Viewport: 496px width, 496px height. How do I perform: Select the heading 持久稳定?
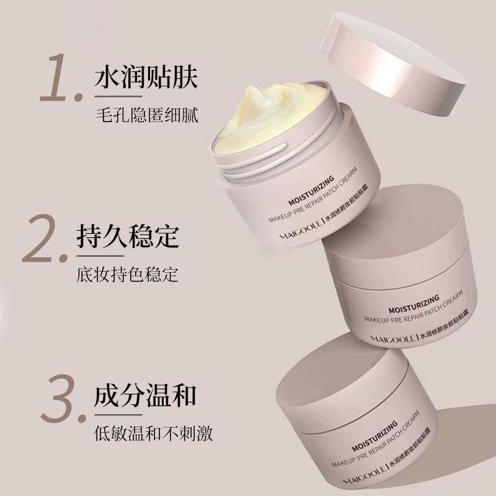click(x=128, y=236)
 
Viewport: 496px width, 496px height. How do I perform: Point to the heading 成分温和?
click(x=145, y=395)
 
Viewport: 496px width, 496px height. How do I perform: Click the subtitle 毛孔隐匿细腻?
click(x=147, y=115)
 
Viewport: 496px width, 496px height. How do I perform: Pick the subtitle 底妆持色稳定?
click(x=128, y=274)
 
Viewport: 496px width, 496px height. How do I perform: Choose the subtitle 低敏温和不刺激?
click(x=153, y=433)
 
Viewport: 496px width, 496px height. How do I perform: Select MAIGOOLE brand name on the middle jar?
click(x=393, y=339)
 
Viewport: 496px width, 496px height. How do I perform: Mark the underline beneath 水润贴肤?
click(x=118, y=97)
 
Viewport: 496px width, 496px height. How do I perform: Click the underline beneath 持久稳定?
click(x=100, y=256)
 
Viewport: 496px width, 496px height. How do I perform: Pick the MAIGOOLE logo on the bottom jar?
click(x=365, y=474)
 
